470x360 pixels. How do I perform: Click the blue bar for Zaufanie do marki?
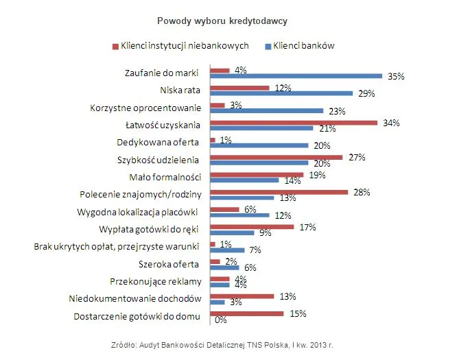point(296,76)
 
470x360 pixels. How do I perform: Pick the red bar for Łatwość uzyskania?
point(294,123)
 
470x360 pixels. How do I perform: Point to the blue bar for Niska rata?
point(281,93)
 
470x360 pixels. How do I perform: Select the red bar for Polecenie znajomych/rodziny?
point(279,192)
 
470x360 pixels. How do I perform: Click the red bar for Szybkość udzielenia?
point(276,157)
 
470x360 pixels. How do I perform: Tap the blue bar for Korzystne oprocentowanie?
point(267,110)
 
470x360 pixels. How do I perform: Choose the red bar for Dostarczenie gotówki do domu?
point(247,313)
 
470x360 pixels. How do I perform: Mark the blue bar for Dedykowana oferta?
point(259,145)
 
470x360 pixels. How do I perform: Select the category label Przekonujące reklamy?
point(155,281)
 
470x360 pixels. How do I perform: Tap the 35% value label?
point(397,77)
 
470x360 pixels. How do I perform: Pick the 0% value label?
point(221,320)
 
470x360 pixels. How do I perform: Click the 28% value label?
point(362,192)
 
